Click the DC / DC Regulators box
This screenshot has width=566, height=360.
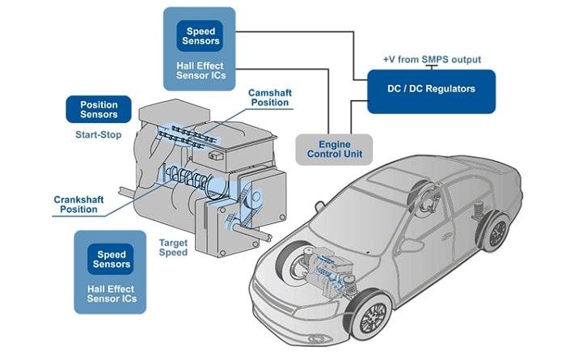click(431, 91)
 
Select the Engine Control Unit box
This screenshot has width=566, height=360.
click(334, 150)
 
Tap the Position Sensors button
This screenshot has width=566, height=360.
click(99, 109)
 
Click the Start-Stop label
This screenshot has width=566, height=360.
click(98, 135)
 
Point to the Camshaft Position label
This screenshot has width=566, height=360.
click(269, 98)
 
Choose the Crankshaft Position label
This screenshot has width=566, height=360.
click(78, 205)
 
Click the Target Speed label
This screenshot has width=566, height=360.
click(173, 248)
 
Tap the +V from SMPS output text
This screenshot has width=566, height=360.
click(432, 59)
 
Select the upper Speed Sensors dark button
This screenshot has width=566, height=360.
click(200, 36)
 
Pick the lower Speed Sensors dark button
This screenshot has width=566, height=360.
click(111, 259)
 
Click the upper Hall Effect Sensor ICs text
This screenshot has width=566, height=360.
click(201, 70)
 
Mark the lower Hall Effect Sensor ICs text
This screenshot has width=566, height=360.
click(112, 294)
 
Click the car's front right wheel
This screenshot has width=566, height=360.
click(372, 316)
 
